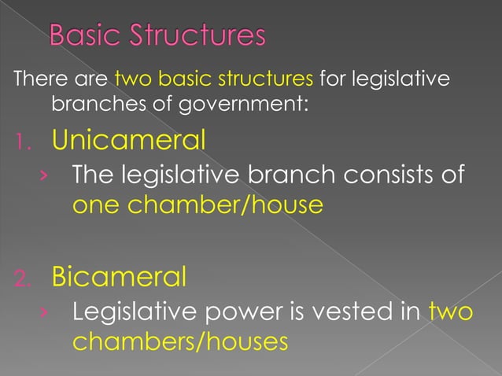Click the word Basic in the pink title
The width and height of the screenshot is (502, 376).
pyautogui.click(x=79, y=36)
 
